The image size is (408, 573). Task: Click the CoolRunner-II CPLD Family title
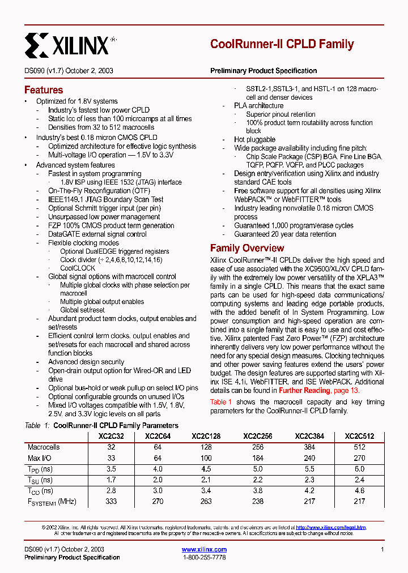(x=282, y=44)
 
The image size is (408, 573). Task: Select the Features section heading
(x=44, y=90)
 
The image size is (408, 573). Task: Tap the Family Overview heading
(x=247, y=248)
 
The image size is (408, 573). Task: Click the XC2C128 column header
(x=206, y=437)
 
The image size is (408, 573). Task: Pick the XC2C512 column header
(x=359, y=437)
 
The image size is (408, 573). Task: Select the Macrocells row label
(x=44, y=447)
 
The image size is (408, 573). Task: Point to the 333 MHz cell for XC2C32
(x=111, y=502)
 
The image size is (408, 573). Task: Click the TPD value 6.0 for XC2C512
(x=359, y=469)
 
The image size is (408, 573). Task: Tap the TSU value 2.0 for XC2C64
(x=158, y=480)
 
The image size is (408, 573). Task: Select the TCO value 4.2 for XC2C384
(x=309, y=491)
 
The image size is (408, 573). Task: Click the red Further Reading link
(x=304, y=391)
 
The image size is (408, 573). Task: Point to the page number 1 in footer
(x=382, y=549)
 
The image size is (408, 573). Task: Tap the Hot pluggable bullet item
(x=255, y=140)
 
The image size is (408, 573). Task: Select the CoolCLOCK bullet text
(x=78, y=268)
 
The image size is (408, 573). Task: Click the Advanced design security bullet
(x=86, y=362)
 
